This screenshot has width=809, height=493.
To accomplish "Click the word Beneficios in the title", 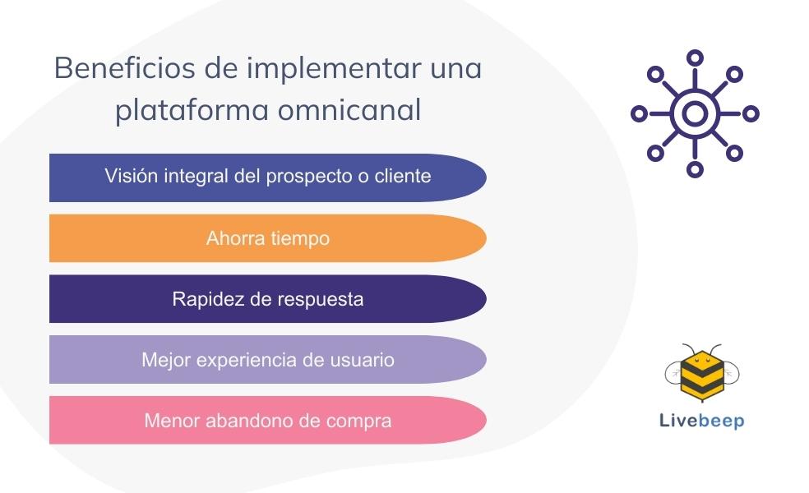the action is [125, 68].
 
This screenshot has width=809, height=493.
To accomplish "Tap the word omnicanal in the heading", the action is [349, 110].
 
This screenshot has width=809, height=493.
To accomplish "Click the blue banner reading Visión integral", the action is [268, 177].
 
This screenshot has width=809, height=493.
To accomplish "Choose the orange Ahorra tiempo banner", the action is [268, 238].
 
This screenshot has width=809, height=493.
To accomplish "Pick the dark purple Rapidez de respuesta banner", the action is [268, 298].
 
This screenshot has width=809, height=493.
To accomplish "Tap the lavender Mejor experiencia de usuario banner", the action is [268, 359].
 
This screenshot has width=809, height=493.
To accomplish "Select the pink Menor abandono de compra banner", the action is [268, 420].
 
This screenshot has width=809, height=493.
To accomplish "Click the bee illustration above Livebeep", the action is [702, 373].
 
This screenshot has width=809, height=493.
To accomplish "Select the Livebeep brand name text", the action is [701, 421].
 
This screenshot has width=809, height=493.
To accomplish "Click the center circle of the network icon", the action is [695, 113].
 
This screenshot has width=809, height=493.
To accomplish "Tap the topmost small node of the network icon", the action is [695, 58].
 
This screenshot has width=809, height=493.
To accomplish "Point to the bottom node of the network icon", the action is [695, 169].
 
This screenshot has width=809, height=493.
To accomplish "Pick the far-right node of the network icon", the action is [751, 113].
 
